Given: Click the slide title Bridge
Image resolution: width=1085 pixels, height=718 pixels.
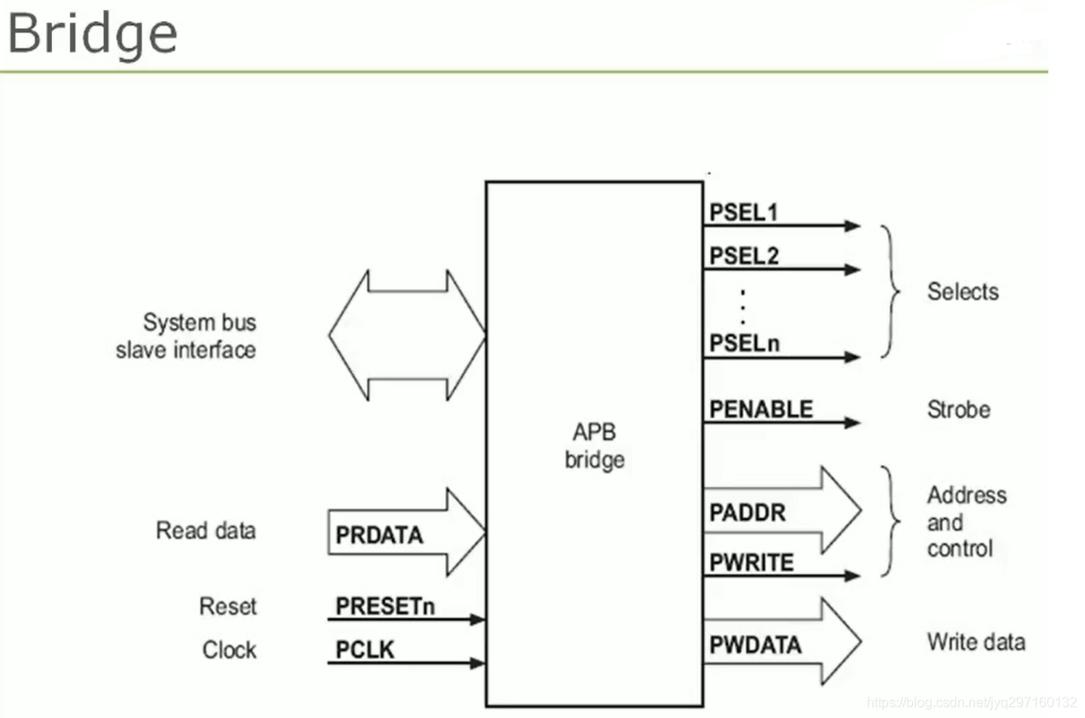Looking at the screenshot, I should pyautogui.click(x=92, y=34).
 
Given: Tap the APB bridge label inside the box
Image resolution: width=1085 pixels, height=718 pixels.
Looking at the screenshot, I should pyautogui.click(x=594, y=446).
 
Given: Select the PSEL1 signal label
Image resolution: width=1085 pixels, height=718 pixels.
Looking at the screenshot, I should pyautogui.click(x=743, y=211).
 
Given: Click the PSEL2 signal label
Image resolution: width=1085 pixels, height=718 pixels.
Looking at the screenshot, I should pyautogui.click(x=743, y=255).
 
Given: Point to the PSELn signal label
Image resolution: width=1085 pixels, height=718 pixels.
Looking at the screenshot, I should pyautogui.click(x=744, y=344).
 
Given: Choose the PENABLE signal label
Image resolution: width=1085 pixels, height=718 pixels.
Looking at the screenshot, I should pyautogui.click(x=760, y=409).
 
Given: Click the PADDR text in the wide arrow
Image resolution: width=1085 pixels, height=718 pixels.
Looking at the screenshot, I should pyautogui.click(x=747, y=513).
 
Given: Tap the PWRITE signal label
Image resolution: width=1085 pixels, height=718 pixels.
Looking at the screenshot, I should pyautogui.click(x=751, y=562).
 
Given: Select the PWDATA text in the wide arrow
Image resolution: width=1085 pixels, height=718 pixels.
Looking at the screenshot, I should pyautogui.click(x=755, y=645).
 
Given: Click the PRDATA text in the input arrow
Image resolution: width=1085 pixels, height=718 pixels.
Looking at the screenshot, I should pyautogui.click(x=378, y=536).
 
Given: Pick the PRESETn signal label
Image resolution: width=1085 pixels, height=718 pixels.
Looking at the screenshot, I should pyautogui.click(x=384, y=606).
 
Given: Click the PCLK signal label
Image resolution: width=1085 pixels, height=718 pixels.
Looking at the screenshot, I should pyautogui.click(x=365, y=651).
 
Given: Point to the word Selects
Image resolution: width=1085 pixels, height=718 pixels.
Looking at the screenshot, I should pyautogui.click(x=962, y=292).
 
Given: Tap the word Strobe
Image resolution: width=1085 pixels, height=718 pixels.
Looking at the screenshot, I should pyautogui.click(x=958, y=409).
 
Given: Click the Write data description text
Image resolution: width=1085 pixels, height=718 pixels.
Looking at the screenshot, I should pyautogui.click(x=975, y=641).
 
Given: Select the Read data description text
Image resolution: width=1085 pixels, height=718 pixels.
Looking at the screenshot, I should pyautogui.click(x=205, y=530).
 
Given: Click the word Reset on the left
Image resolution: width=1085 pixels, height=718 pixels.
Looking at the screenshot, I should pyautogui.click(x=228, y=606).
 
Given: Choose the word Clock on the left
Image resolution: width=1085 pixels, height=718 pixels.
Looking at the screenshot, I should pyautogui.click(x=229, y=650).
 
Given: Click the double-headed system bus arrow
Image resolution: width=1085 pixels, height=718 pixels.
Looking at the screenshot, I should pyautogui.click(x=407, y=335).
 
